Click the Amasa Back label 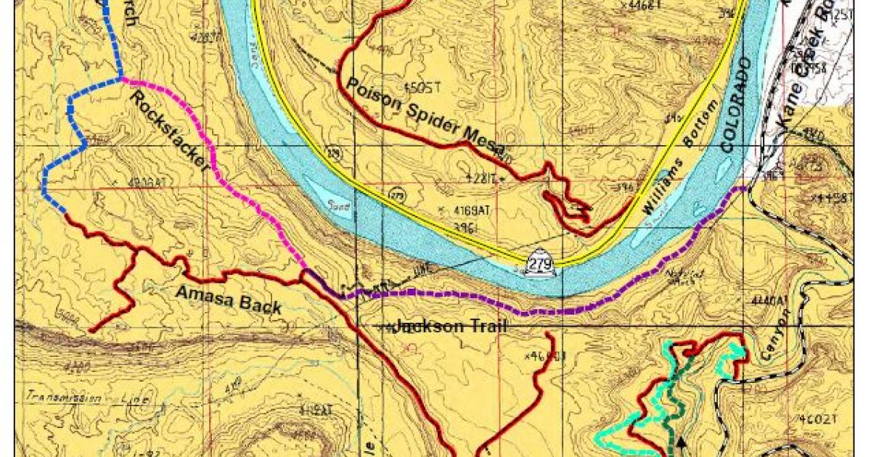point(229,299)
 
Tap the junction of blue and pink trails point(121,78)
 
